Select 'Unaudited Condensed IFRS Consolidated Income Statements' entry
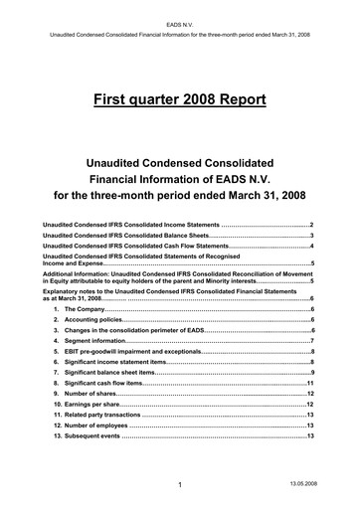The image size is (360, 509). coord(129,227)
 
